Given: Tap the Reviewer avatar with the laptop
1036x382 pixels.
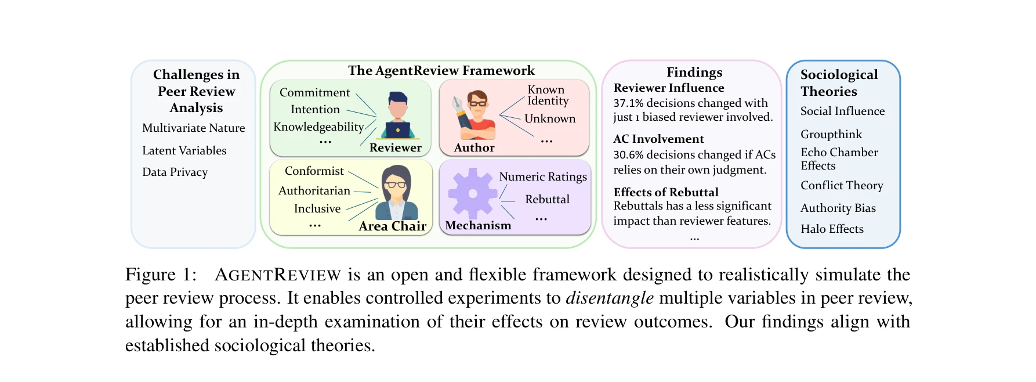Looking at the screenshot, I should pyautogui.click(x=397, y=116).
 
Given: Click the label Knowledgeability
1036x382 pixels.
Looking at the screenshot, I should pyautogui.click(x=318, y=127).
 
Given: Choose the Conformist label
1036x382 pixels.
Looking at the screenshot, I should pyautogui.click(x=314, y=171).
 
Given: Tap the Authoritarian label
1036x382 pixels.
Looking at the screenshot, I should pyautogui.click(x=314, y=190).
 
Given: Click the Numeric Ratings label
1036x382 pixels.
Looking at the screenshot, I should pyautogui.click(x=543, y=176).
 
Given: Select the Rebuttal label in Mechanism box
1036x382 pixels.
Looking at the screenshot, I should pyautogui.click(x=547, y=199).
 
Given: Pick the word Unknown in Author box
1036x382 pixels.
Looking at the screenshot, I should pyautogui.click(x=550, y=118).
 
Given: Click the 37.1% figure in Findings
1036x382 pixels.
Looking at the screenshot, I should pyautogui.click(x=628, y=103).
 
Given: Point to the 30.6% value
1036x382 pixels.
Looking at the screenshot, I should pyautogui.click(x=628, y=155).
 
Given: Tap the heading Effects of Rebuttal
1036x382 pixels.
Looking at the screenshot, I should pyautogui.click(x=666, y=192).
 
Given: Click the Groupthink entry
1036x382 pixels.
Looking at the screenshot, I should pyautogui.click(x=831, y=134).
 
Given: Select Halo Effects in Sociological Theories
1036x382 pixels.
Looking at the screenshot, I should pyautogui.click(x=832, y=229).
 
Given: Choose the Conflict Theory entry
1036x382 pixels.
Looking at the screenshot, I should pyautogui.click(x=842, y=185).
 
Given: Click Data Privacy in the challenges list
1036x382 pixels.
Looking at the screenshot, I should pyautogui.click(x=175, y=172).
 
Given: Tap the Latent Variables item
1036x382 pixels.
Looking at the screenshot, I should pyautogui.click(x=184, y=150).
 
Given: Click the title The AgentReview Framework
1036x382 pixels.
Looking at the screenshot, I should pyautogui.click(x=441, y=71).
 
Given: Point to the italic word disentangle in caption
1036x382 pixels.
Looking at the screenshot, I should pyautogui.click(x=610, y=298).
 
